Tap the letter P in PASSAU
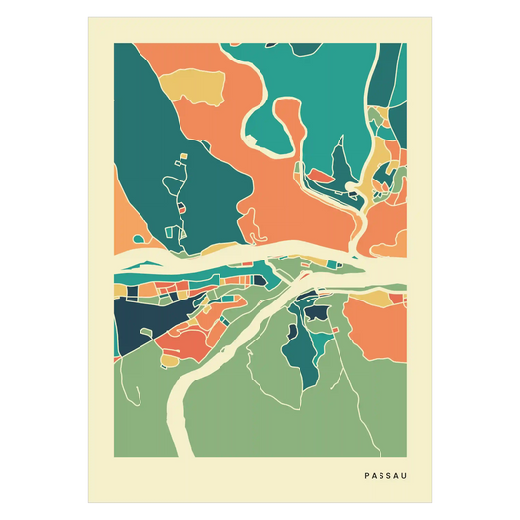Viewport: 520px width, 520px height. click(366, 475)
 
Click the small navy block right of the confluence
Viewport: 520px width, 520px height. click(317, 314)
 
